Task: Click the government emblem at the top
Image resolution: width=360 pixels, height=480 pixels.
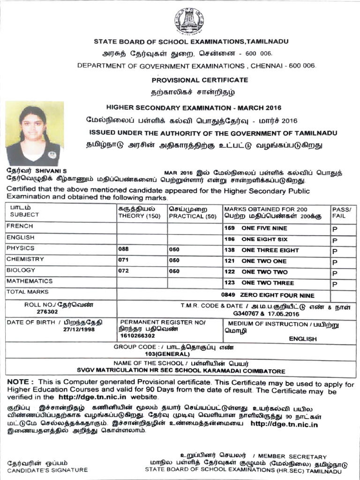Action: click(x=189, y=21)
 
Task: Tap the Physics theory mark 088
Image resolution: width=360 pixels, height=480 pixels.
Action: click(x=123, y=250)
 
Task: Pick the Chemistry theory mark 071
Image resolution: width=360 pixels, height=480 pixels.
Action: click(x=123, y=261)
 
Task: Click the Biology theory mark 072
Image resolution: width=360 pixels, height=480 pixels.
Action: click(x=123, y=271)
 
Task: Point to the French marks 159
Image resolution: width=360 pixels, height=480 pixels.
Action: click(x=229, y=228)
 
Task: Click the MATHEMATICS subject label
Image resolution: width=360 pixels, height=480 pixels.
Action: click(x=29, y=281)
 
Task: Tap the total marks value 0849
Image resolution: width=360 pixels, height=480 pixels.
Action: click(x=227, y=295)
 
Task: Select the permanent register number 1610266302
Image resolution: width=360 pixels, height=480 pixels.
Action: click(x=136, y=336)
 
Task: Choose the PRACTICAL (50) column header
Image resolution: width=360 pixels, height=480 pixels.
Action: click(x=193, y=216)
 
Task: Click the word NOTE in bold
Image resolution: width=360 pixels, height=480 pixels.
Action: click(x=20, y=382)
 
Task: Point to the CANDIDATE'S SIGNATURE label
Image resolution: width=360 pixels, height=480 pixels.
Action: click(x=47, y=470)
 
